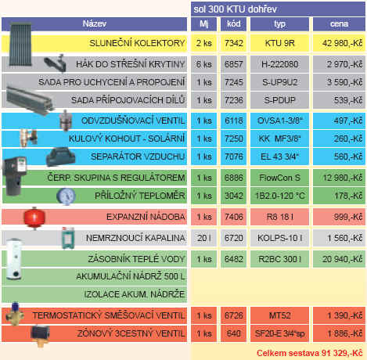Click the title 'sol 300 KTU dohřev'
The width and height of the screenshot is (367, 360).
coord(235,9)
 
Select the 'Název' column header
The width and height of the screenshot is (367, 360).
coord(95,23)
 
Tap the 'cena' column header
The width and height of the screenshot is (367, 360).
coord(339,24)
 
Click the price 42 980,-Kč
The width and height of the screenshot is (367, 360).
coord(342,43)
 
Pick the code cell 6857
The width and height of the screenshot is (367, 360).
coord(234,64)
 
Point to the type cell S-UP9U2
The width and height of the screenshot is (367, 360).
coord(279,82)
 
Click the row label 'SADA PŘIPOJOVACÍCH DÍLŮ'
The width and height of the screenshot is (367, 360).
coord(128,100)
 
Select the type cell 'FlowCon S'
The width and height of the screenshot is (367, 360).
coord(279,178)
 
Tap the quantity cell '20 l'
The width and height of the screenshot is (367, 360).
coord(204,238)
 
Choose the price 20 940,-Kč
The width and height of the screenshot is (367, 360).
coord(342,259)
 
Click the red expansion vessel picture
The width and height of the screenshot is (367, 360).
coord(34,218)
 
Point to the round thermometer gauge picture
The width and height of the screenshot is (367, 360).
coord(67,196)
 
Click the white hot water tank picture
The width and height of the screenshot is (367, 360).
coord(14,259)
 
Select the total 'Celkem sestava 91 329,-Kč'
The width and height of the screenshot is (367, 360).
coord(310,353)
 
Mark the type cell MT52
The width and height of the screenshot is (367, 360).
coord(279,315)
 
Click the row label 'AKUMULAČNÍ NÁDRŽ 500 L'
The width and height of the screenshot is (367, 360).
coord(131,276)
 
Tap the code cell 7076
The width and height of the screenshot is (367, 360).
coord(234,157)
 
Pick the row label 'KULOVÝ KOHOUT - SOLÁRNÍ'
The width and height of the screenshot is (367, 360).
coord(127,139)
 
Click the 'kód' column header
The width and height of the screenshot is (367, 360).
coord(233,23)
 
